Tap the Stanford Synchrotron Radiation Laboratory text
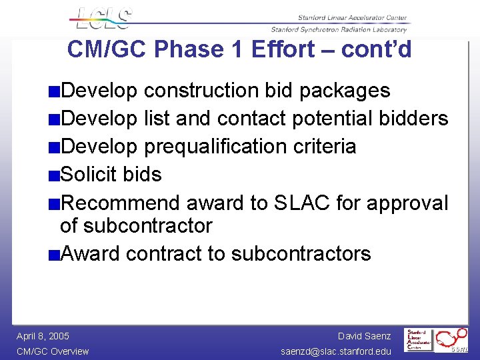[x=339, y=29]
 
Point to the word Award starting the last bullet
[x=90, y=254]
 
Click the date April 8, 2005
[x=43, y=336]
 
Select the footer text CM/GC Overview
[x=53, y=351]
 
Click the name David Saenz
[x=364, y=336]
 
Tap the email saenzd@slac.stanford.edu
[x=336, y=351]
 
